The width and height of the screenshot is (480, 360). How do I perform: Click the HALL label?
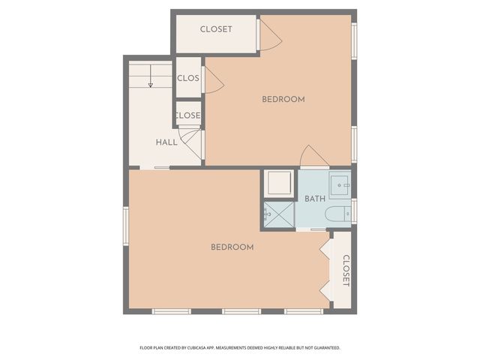click(x=166, y=142)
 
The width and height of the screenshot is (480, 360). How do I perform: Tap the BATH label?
click(x=315, y=199)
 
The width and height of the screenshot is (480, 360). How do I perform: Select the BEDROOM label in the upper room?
click(x=283, y=100)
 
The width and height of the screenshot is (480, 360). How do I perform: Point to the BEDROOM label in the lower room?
click(x=232, y=247)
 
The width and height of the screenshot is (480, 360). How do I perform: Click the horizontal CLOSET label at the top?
click(x=216, y=29)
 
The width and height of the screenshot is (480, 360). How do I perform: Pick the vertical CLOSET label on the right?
click(x=346, y=271)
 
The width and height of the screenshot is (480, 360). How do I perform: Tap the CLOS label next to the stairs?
click(x=187, y=77)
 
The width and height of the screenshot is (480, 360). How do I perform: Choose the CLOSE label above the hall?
click(x=187, y=115)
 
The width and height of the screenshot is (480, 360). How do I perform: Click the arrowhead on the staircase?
click(x=151, y=85)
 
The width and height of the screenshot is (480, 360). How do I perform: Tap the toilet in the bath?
click(x=340, y=213)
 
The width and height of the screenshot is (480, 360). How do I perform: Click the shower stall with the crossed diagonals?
click(x=278, y=215)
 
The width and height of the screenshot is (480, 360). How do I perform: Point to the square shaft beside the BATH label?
click(x=278, y=184)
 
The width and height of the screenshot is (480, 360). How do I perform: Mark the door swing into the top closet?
click(x=269, y=34)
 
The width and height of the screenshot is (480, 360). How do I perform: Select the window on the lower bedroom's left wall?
click(x=126, y=224)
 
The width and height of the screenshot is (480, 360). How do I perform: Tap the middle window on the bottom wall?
click(x=241, y=311)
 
